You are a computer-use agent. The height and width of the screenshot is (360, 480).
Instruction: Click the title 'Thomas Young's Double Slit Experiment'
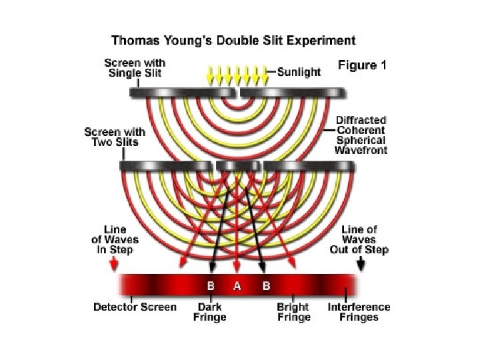(x=233, y=40)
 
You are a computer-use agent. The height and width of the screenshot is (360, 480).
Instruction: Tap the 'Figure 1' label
(x=363, y=65)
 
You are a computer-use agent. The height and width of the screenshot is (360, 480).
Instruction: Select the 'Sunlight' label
(x=299, y=71)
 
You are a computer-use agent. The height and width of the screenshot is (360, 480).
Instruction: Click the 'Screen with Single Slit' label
(x=136, y=67)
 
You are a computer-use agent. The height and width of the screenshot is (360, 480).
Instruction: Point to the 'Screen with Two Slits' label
(x=115, y=138)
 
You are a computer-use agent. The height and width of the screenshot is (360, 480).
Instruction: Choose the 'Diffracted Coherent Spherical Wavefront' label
(x=361, y=135)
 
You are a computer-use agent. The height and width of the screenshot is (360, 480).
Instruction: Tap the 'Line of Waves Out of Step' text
(x=359, y=240)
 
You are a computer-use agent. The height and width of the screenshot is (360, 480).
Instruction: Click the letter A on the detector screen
(x=236, y=286)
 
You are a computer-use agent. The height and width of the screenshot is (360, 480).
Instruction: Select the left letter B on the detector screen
(x=211, y=286)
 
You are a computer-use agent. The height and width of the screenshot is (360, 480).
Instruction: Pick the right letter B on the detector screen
(x=265, y=286)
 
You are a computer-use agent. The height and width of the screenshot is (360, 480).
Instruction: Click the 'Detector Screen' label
(x=135, y=307)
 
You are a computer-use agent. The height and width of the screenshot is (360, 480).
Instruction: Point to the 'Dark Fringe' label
(x=209, y=312)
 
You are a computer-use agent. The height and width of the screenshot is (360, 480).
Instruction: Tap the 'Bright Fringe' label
(x=293, y=312)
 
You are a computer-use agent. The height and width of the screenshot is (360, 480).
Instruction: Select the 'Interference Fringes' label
(x=359, y=312)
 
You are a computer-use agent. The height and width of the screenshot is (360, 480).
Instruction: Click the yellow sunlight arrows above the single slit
(x=237, y=73)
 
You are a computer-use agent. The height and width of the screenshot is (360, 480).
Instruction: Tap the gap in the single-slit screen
(x=237, y=91)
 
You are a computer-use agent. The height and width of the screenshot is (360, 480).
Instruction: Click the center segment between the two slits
(x=238, y=165)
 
